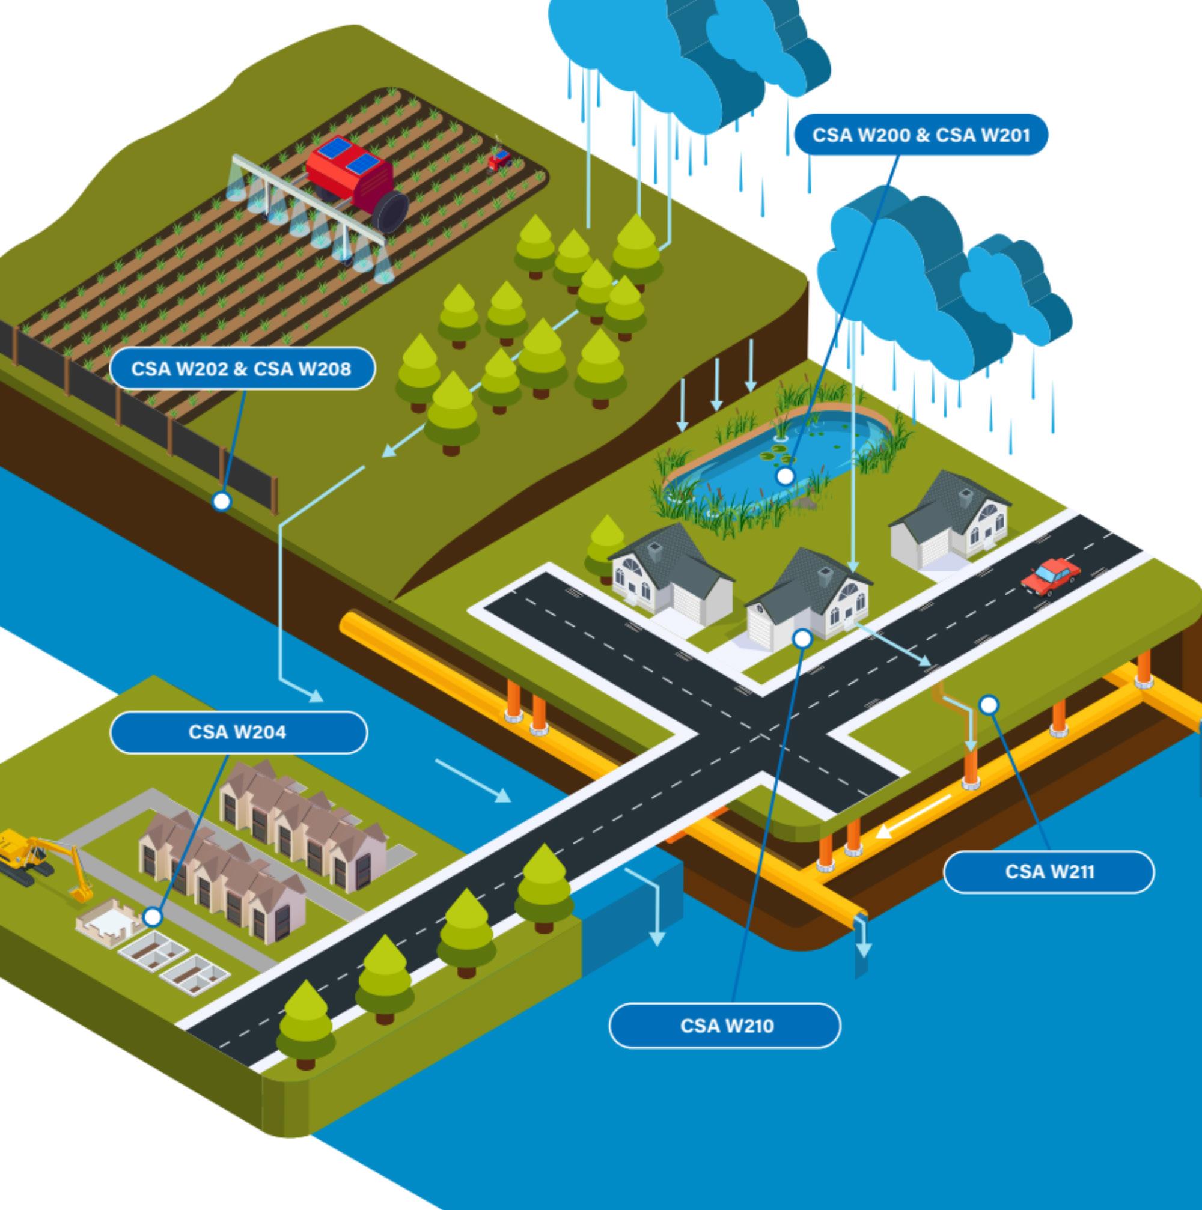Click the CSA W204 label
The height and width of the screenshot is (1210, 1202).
point(238,732)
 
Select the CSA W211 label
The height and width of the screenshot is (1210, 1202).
point(1049,872)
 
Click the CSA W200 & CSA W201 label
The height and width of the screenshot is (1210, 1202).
point(921,135)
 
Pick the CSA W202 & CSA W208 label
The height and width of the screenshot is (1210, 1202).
point(242,369)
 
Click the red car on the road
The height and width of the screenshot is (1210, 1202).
point(1051,575)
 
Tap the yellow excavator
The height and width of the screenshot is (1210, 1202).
point(38,858)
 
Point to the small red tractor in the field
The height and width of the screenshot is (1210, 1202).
point(499,160)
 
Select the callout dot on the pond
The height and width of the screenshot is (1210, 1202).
point(785,476)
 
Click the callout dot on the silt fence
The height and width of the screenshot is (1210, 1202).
point(221,502)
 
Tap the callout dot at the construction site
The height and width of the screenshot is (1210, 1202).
point(152,917)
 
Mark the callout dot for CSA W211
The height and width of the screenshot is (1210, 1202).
point(989,705)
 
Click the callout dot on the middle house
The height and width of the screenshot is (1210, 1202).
point(802,639)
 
